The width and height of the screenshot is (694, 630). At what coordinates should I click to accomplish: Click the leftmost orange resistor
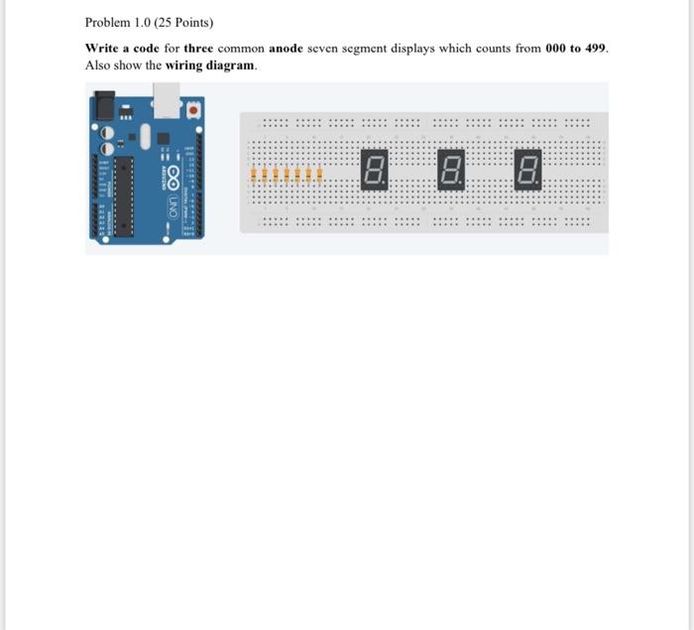256,177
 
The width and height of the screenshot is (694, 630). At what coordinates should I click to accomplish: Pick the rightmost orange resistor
320,177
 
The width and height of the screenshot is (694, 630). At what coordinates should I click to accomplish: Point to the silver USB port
166,100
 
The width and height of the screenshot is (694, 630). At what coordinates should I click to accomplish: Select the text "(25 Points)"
182,22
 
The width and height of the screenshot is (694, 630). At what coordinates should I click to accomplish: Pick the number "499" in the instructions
595,48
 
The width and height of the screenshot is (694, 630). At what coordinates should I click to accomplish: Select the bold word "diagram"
230,64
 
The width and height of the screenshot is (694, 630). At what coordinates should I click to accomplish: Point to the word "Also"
97,64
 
